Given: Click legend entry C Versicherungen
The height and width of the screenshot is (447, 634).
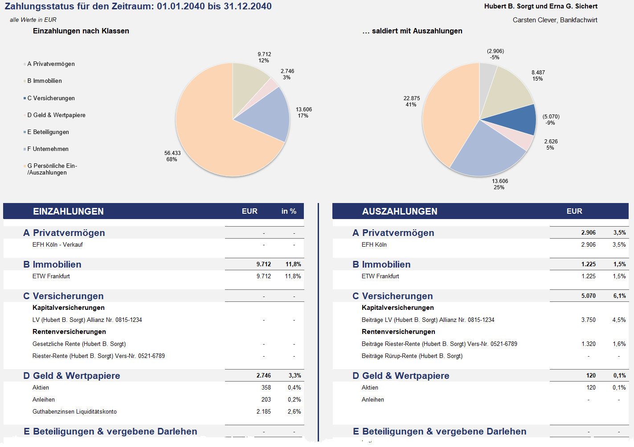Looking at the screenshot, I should coord(51,98).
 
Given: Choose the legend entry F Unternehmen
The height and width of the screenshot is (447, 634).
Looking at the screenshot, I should coord(48,149).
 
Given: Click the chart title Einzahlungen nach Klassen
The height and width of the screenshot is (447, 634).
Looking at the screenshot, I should coord(81,31).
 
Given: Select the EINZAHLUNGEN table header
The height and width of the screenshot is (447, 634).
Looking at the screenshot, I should coord(68,211).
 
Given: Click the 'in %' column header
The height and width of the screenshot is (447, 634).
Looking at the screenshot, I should coord(289,211).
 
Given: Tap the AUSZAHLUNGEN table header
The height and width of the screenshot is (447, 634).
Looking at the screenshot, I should coord(400,211).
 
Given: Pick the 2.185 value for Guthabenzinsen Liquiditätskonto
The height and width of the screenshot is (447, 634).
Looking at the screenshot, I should coord(263,411).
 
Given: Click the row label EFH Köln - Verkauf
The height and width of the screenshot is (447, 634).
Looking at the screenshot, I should coord(57,244).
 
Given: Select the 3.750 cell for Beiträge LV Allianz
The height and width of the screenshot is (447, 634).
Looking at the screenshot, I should coord(588,320).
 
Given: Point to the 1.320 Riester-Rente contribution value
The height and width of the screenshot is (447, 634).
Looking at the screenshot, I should coord(588,344).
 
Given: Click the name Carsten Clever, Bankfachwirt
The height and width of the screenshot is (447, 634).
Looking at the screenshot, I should coord(555,20).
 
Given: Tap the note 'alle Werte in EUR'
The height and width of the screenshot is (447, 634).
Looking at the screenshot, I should coord(33,20).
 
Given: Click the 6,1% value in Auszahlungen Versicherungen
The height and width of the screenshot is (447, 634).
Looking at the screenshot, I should coord(619,296).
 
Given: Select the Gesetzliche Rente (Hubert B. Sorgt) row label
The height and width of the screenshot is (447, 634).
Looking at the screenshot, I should coord(79,344).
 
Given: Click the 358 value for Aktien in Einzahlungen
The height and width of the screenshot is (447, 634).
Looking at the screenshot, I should coord(266,387).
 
